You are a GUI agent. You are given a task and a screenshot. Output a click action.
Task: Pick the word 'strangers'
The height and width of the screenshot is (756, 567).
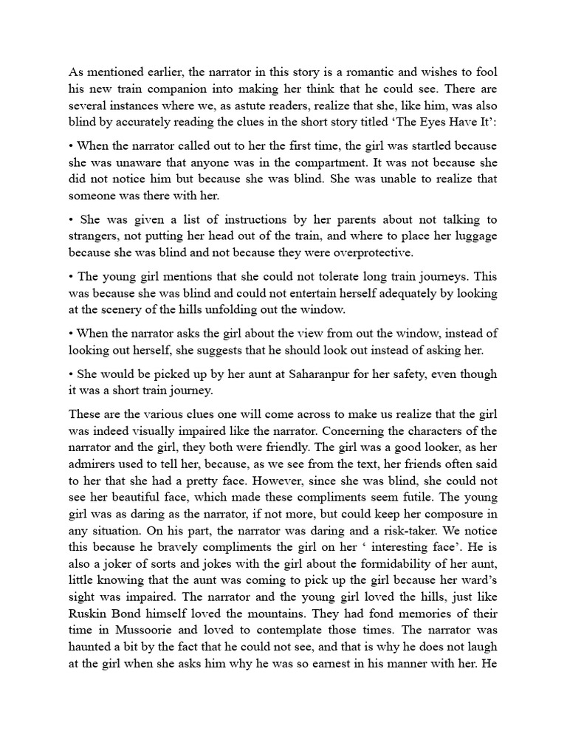94,237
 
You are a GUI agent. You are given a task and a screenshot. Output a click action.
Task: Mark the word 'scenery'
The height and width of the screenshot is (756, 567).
143,311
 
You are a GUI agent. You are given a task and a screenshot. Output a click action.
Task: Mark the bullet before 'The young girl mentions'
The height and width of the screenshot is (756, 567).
72,277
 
